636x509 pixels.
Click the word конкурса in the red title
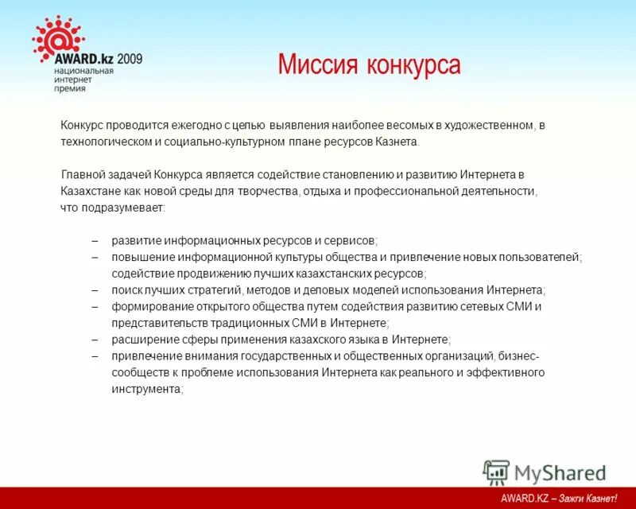[x=413, y=65]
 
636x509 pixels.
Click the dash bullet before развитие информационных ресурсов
[x=95, y=240]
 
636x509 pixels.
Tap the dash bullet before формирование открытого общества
[x=95, y=306]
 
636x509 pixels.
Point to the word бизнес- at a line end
[x=520, y=356]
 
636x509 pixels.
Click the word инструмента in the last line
[x=147, y=390]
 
